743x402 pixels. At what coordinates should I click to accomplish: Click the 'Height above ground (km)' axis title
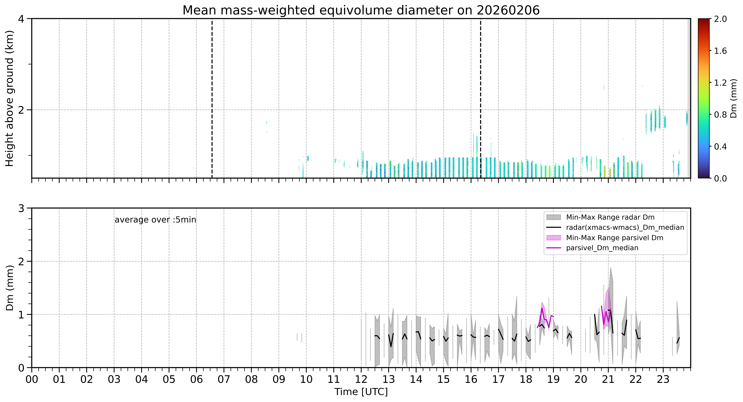click(x=9, y=98)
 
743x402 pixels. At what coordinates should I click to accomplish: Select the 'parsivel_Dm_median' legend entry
click(x=602, y=248)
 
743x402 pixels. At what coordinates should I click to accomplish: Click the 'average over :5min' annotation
click(x=155, y=220)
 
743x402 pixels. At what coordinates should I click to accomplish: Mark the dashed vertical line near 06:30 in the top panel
click(x=212, y=98)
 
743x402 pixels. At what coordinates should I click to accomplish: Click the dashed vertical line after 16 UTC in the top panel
click(x=481, y=98)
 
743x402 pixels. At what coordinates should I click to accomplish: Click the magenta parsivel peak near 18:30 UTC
click(x=542, y=308)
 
